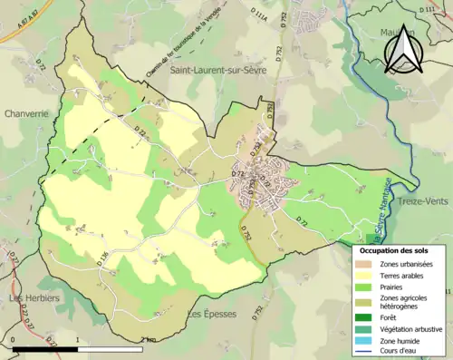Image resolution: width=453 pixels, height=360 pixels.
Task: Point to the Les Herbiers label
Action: coord(34,298)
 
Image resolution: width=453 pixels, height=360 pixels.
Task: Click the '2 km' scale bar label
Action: coord(149,340)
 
